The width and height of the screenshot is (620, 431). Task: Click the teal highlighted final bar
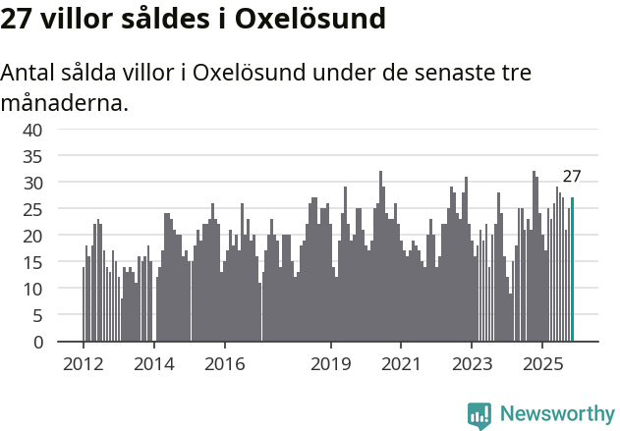click(x=573, y=270)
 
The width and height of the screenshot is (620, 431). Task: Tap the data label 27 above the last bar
click(x=572, y=177)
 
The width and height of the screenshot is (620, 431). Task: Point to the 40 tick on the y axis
click(x=33, y=130)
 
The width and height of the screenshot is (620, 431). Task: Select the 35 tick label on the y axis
click(x=33, y=156)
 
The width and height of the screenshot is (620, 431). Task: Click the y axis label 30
click(x=33, y=183)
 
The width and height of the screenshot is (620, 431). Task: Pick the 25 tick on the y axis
click(x=33, y=209)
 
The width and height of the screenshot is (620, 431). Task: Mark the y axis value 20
click(x=33, y=236)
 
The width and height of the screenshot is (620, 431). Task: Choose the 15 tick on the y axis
click(x=33, y=262)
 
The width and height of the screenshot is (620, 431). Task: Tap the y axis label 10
click(x=33, y=289)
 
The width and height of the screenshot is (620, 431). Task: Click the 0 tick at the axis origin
click(x=38, y=343)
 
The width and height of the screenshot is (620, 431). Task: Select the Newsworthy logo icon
click(x=479, y=415)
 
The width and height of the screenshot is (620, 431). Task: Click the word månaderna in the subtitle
click(x=65, y=102)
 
